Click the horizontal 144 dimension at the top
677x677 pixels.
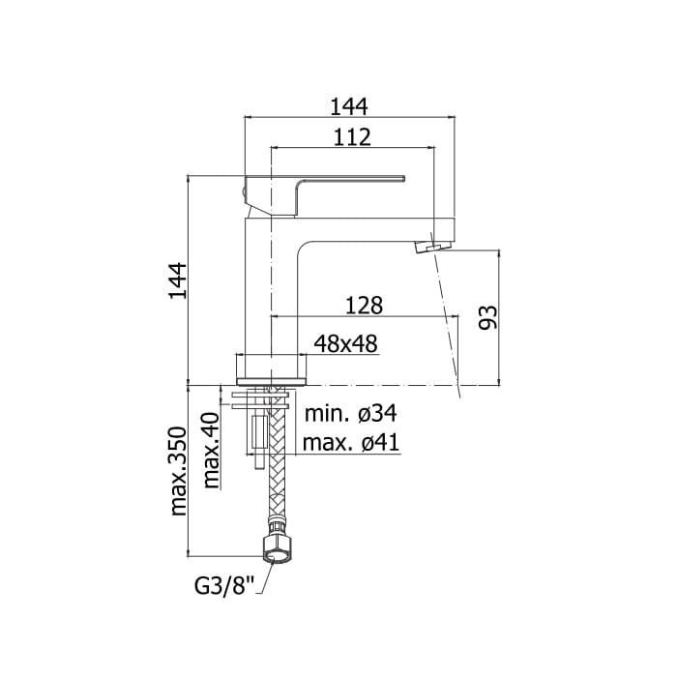[349, 106]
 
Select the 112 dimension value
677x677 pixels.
[352, 137]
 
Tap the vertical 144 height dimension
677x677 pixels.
[178, 280]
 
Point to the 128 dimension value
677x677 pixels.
[364, 306]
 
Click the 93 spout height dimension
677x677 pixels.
[488, 318]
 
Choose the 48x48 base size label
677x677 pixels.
[346, 343]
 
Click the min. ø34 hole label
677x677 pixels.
[350, 414]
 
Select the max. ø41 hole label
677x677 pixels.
[351, 443]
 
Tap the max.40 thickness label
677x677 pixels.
[212, 451]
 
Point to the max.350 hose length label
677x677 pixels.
[179, 472]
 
